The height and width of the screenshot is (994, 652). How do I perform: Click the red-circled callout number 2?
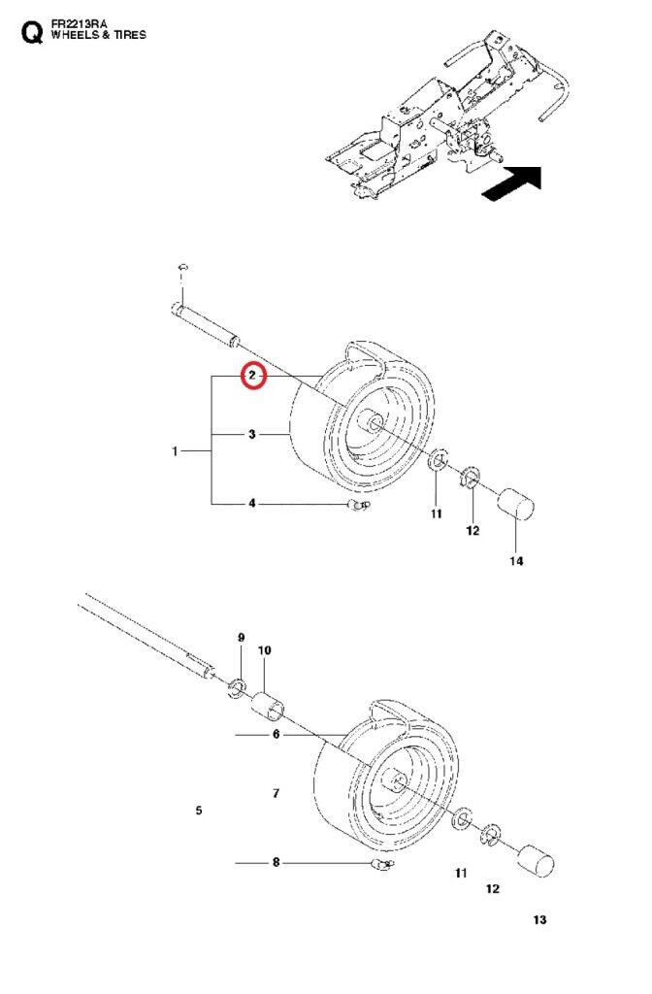252,375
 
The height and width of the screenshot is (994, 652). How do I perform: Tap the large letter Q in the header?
32,34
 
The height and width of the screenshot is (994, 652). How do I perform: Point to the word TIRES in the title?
129,35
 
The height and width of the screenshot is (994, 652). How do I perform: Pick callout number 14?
517,562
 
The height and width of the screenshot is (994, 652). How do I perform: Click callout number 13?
539,919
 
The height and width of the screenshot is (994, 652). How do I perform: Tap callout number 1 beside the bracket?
176,451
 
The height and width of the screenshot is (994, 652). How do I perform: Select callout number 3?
252,435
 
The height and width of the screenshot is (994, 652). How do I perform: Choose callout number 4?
252,503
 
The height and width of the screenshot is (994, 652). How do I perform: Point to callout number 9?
242,637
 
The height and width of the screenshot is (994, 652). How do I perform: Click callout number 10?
264,649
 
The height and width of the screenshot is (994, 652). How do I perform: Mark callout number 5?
199,810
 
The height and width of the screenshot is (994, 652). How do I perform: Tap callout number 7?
277,793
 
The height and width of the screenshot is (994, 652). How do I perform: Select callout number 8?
276,861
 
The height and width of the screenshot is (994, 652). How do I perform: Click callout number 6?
276,735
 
